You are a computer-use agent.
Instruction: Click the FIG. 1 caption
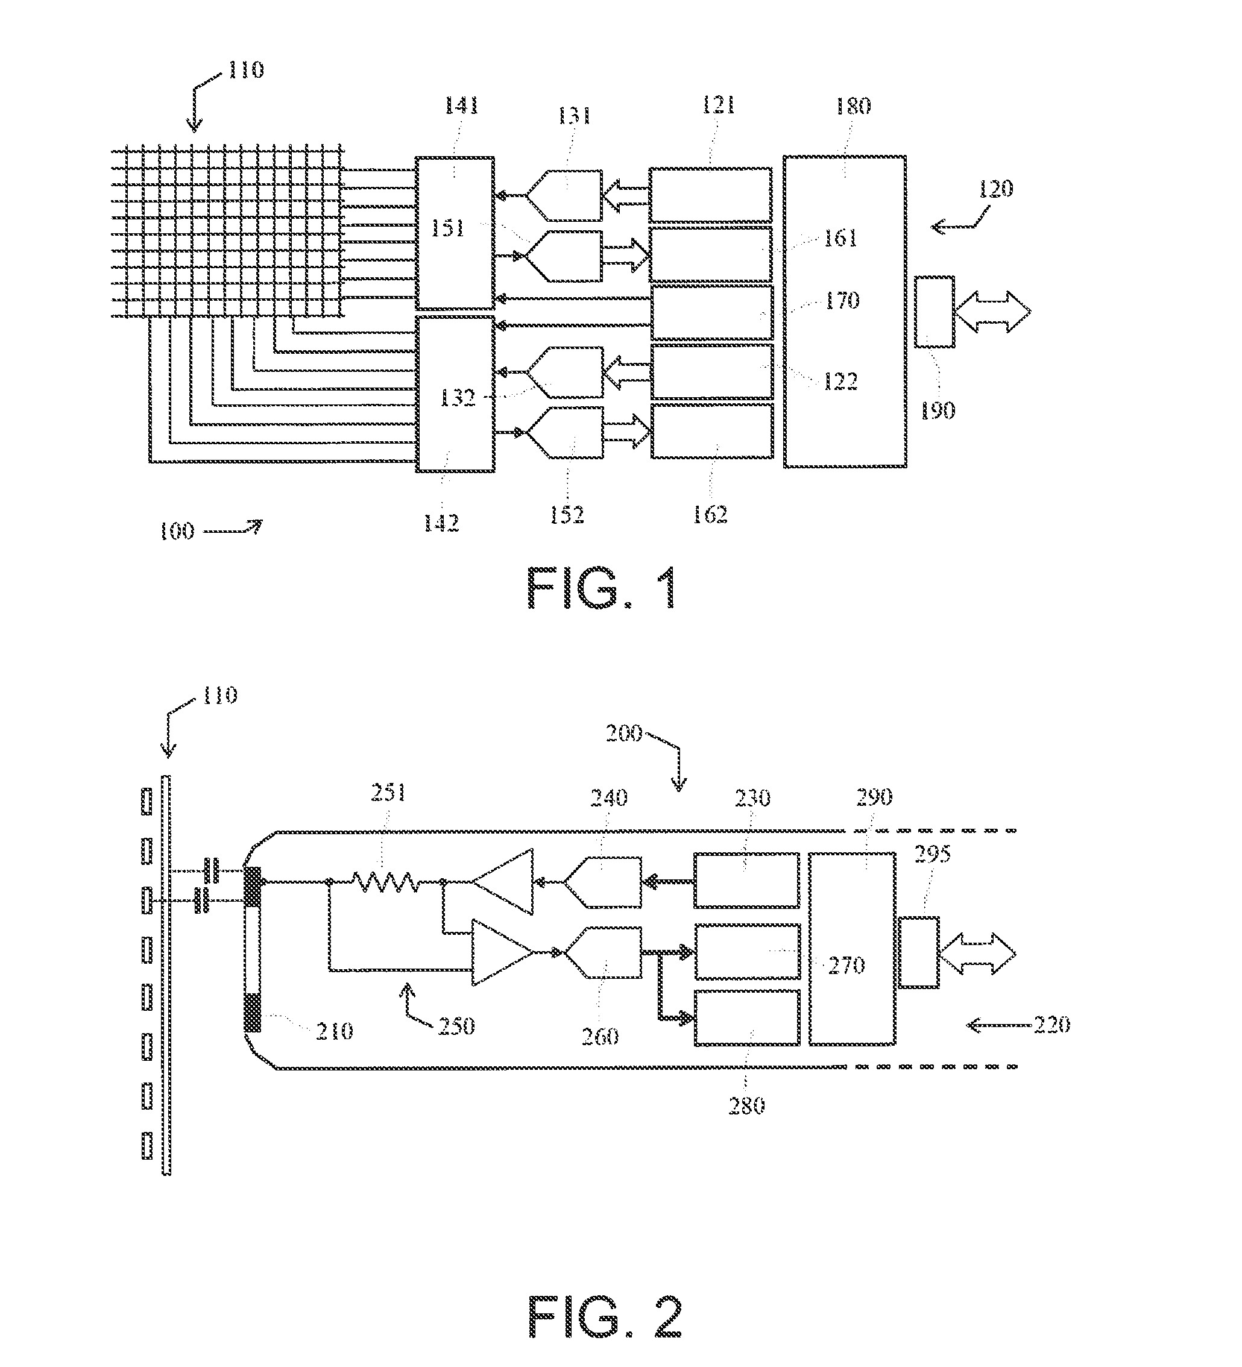pyautogui.click(x=602, y=588)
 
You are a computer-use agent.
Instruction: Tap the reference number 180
pyautogui.click(x=853, y=106)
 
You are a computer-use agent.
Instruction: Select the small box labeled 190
pyautogui.click(x=934, y=312)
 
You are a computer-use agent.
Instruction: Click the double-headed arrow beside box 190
pyautogui.click(x=992, y=312)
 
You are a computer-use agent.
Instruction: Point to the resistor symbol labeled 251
pyautogui.click(x=385, y=881)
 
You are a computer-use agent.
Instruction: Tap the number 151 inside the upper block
pyautogui.click(x=448, y=228)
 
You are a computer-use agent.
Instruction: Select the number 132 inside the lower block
pyautogui.click(x=457, y=397)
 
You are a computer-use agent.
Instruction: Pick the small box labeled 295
pyautogui.click(x=919, y=952)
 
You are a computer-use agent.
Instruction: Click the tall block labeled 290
pyautogui.click(x=852, y=949)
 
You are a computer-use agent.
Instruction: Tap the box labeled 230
pyautogui.click(x=747, y=880)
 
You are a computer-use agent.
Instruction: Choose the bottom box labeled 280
pyautogui.click(x=747, y=1017)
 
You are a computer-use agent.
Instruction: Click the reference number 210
pyautogui.click(x=334, y=1031)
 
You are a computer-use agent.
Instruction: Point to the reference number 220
pyautogui.click(x=1051, y=1024)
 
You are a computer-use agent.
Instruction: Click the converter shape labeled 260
pyautogui.click(x=602, y=953)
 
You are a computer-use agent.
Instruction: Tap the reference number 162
pyautogui.click(x=710, y=515)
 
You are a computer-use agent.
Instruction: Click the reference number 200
pyautogui.click(x=624, y=732)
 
